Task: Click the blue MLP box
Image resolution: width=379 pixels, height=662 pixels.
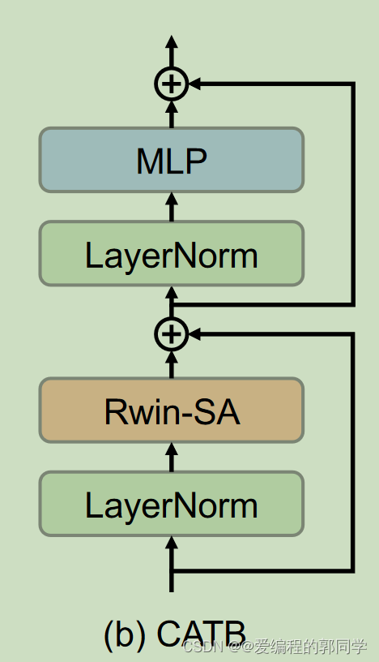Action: (x=172, y=160)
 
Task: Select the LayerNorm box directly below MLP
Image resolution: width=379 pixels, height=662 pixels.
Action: (x=172, y=254)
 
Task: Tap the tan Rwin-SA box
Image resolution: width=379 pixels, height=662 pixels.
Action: (x=172, y=411)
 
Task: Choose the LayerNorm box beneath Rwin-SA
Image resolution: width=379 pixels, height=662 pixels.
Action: (x=172, y=505)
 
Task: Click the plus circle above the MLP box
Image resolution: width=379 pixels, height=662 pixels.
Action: (x=171, y=83)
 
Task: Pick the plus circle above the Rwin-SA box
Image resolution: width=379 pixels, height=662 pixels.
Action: (x=171, y=332)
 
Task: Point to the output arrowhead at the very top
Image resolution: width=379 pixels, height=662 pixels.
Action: (x=171, y=43)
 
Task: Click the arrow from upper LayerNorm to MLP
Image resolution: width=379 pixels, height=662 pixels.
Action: (x=171, y=206)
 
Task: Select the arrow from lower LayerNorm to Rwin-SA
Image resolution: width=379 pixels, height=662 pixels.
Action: (x=171, y=457)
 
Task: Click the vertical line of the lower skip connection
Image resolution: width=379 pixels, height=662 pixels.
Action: (x=353, y=451)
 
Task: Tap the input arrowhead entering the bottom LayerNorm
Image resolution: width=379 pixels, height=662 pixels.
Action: (x=171, y=544)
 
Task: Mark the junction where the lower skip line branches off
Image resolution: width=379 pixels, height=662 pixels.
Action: (x=171, y=570)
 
